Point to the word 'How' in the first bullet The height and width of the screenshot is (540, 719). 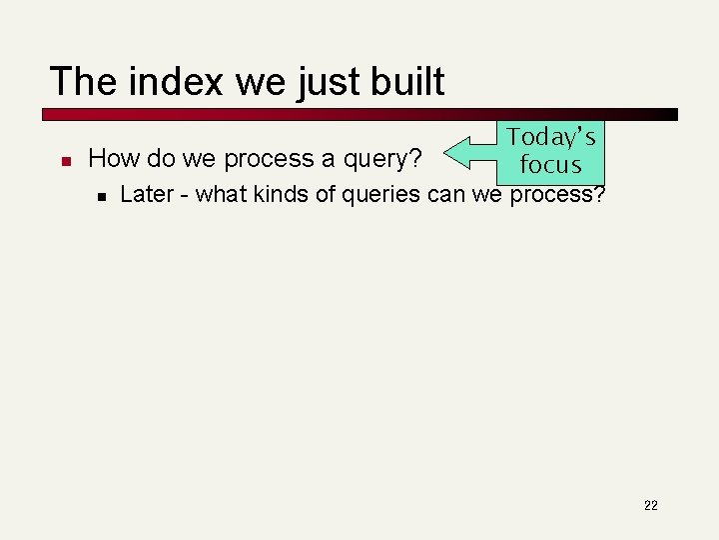click(x=111, y=158)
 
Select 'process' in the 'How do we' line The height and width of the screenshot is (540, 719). click(x=274, y=159)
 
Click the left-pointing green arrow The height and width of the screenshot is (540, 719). click(x=469, y=153)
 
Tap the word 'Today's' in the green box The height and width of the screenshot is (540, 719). click(x=550, y=137)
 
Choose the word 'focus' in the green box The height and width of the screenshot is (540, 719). click(x=550, y=164)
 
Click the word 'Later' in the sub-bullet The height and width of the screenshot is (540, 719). click(x=147, y=194)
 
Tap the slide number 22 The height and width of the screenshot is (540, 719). click(x=650, y=505)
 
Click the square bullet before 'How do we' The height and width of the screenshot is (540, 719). click(x=64, y=160)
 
